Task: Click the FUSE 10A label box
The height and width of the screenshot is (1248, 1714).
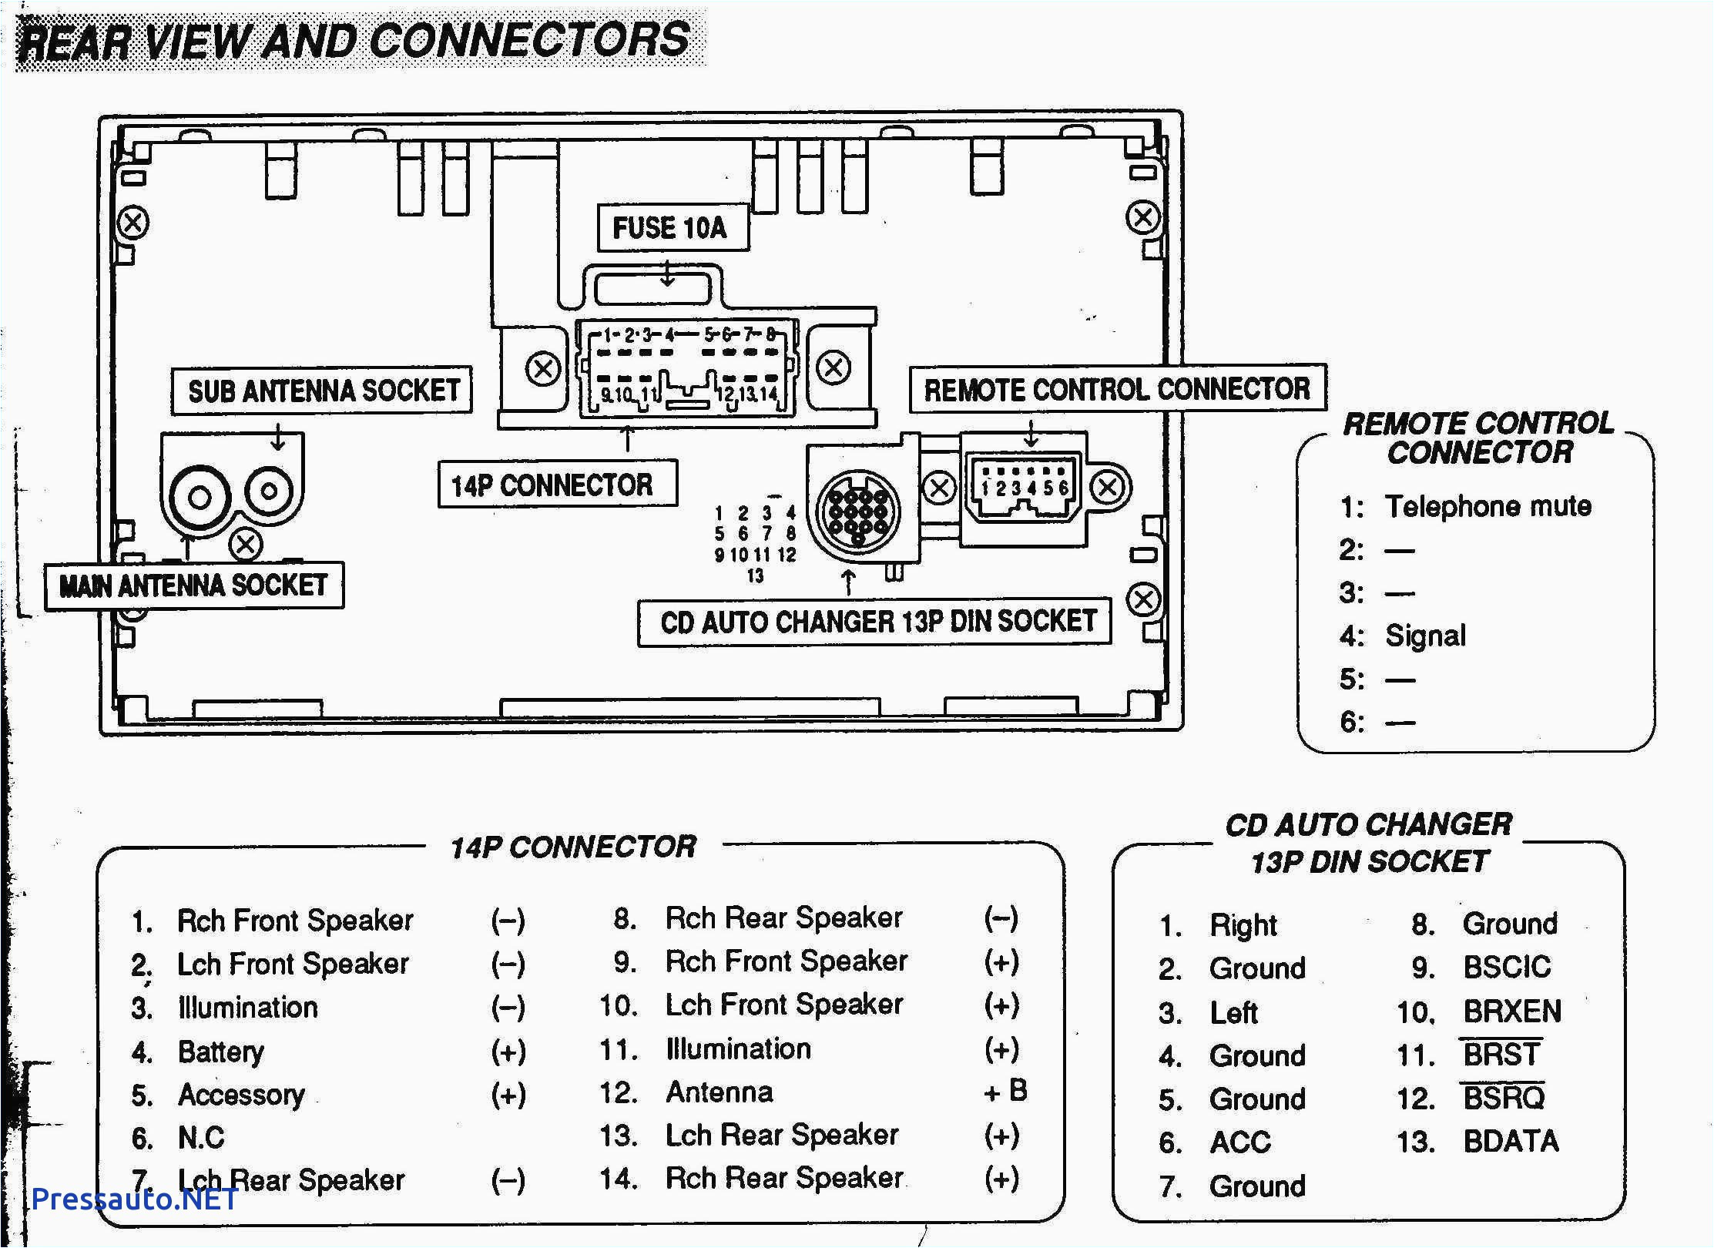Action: pyautogui.click(x=672, y=228)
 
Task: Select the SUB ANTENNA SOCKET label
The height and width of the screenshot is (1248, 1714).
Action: pyautogui.click(x=322, y=391)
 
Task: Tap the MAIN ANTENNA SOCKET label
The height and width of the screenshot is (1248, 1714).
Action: pyautogui.click(x=193, y=586)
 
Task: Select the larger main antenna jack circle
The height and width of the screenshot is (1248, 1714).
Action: pyautogui.click(x=200, y=498)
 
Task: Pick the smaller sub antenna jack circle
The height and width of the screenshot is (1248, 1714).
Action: pyautogui.click(x=269, y=490)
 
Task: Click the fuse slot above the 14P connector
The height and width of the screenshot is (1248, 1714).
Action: pyautogui.click(x=652, y=290)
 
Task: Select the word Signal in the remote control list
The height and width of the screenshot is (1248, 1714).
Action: pyautogui.click(x=1424, y=636)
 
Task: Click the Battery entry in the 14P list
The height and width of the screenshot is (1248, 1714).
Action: pyautogui.click(x=221, y=1052)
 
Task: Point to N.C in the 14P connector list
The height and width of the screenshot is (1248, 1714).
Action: pyautogui.click(x=201, y=1138)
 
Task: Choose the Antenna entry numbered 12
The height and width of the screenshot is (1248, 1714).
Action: pyautogui.click(x=719, y=1092)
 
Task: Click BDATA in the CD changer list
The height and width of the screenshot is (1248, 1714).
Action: pyautogui.click(x=1510, y=1141)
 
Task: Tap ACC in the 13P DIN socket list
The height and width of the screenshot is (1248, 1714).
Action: pyautogui.click(x=1239, y=1142)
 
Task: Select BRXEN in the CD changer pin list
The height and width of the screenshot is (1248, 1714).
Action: pyautogui.click(x=1511, y=1011)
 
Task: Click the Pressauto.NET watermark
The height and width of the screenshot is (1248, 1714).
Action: pyautogui.click(x=134, y=1199)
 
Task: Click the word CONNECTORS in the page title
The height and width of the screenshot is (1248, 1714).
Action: pyautogui.click(x=529, y=40)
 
